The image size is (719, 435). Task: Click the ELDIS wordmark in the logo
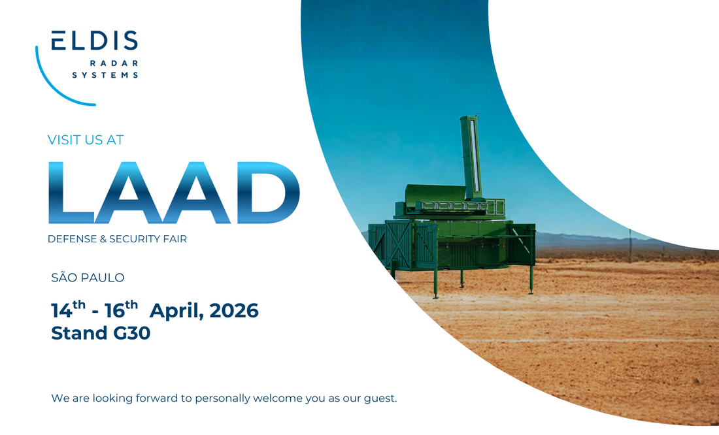click(95, 40)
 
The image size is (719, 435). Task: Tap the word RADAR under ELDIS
click(114, 63)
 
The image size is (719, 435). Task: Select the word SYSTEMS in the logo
click(105, 75)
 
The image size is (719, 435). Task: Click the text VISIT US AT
click(86, 140)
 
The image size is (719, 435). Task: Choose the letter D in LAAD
click(268, 193)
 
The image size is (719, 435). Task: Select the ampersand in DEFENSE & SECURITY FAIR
click(103, 239)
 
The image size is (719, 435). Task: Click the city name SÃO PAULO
click(88, 278)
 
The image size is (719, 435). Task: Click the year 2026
click(234, 311)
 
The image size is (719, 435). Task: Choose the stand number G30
click(131, 333)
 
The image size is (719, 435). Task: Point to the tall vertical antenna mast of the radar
click(471, 157)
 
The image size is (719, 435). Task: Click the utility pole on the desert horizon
click(630, 246)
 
